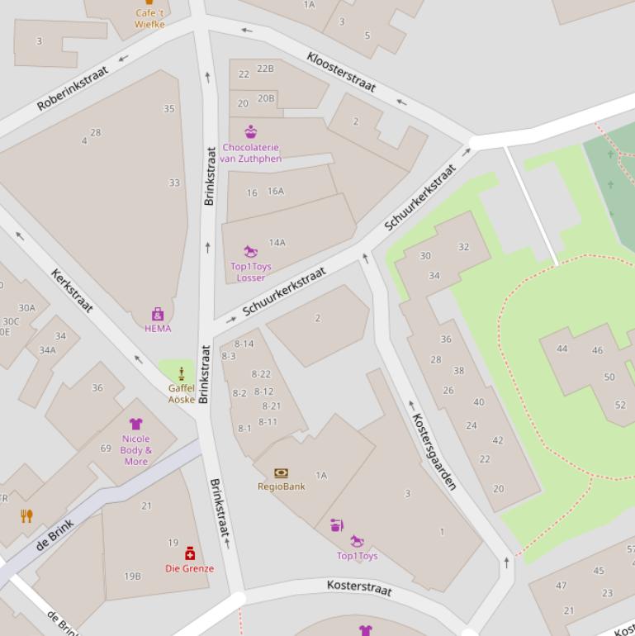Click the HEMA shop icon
point(158,314)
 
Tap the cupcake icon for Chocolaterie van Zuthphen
point(250,131)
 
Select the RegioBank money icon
point(281,473)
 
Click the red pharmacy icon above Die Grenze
point(190,553)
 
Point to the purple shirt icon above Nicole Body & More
point(135,424)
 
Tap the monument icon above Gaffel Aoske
point(181,373)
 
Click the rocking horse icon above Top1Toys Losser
point(250,251)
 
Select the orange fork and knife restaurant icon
point(26,516)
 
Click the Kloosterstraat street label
point(340,72)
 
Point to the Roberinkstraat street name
point(73,89)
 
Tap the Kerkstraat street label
point(72,291)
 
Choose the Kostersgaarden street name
point(434,451)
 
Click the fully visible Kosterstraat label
point(359,587)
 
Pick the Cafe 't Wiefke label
point(149,19)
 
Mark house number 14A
point(277,243)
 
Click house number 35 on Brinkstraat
point(169,108)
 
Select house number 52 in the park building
point(620,405)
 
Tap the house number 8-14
point(244,344)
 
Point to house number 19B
point(132,576)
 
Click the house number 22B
point(265,69)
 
